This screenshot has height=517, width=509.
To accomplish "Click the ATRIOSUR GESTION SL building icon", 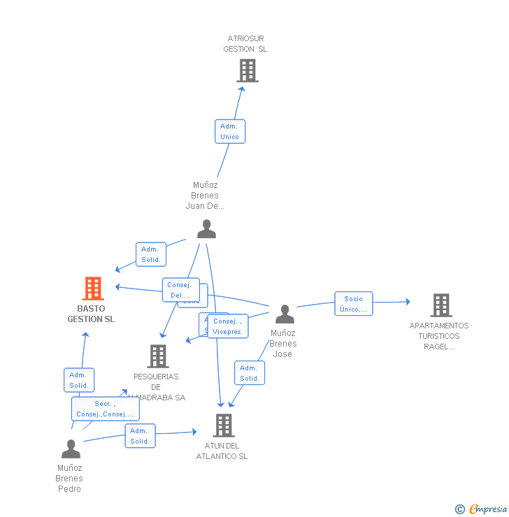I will pos(247,71).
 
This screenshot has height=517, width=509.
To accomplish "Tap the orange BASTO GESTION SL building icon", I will pos(92,288).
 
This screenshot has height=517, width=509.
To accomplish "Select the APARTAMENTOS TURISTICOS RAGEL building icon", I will pos(440,305).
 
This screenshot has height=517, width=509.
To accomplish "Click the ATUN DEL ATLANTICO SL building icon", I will pos(223,425).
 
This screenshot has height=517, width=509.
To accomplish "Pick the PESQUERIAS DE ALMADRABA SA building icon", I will pos(158,356).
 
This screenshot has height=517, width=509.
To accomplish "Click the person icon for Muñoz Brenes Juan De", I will pos(206,229).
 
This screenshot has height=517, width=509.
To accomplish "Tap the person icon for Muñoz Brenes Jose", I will pos(284,314).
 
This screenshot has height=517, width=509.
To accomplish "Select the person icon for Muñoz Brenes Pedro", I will pos(71,449).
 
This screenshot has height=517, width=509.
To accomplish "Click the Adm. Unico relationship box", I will pos(229,131).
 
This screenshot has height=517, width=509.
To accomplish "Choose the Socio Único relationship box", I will pos(353,304).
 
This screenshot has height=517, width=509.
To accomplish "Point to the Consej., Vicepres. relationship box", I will pos(227,326).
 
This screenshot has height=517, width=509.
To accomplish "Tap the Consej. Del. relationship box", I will pos(180,290).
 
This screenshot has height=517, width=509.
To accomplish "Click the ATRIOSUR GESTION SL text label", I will pos(245,44).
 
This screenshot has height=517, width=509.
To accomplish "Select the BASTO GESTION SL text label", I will pos(91,314).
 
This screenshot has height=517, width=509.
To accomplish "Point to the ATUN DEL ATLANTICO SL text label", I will pos(222,451).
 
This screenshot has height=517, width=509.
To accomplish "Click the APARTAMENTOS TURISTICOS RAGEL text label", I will pos(439,336).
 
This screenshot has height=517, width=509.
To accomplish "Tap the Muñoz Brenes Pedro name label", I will pos(70,479).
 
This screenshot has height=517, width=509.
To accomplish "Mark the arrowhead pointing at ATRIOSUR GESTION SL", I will pos(241,89).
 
